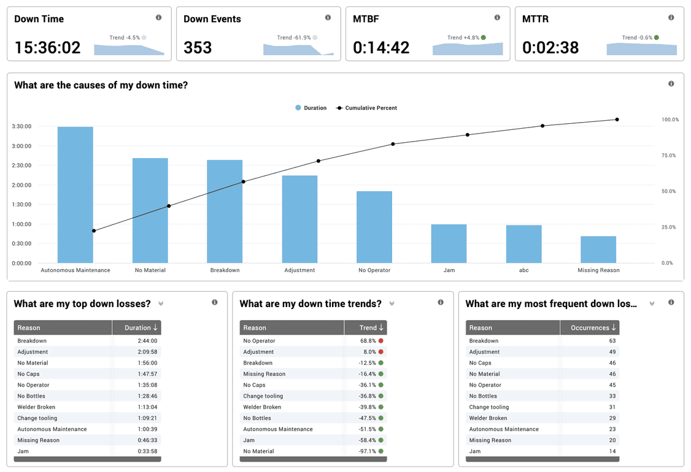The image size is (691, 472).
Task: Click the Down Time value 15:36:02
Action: [x=47, y=47]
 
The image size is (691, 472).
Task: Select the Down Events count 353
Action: [x=198, y=47]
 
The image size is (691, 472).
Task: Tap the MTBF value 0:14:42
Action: [x=381, y=47]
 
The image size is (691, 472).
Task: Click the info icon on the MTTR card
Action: [x=671, y=18]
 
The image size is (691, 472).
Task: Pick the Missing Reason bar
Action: [x=598, y=249]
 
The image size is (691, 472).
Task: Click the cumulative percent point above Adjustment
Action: [x=318, y=161]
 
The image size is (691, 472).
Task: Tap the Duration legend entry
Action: [x=311, y=108]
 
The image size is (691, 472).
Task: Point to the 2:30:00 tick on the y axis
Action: [x=21, y=166]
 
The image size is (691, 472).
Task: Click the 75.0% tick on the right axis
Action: [x=670, y=156]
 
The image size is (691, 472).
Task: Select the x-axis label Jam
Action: [x=449, y=270]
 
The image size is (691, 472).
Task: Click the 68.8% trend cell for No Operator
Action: [x=368, y=341]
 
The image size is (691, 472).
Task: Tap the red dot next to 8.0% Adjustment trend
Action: [x=381, y=352]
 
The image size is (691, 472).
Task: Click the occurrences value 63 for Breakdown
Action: [x=612, y=341]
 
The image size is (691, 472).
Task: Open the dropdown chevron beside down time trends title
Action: [x=392, y=303]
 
